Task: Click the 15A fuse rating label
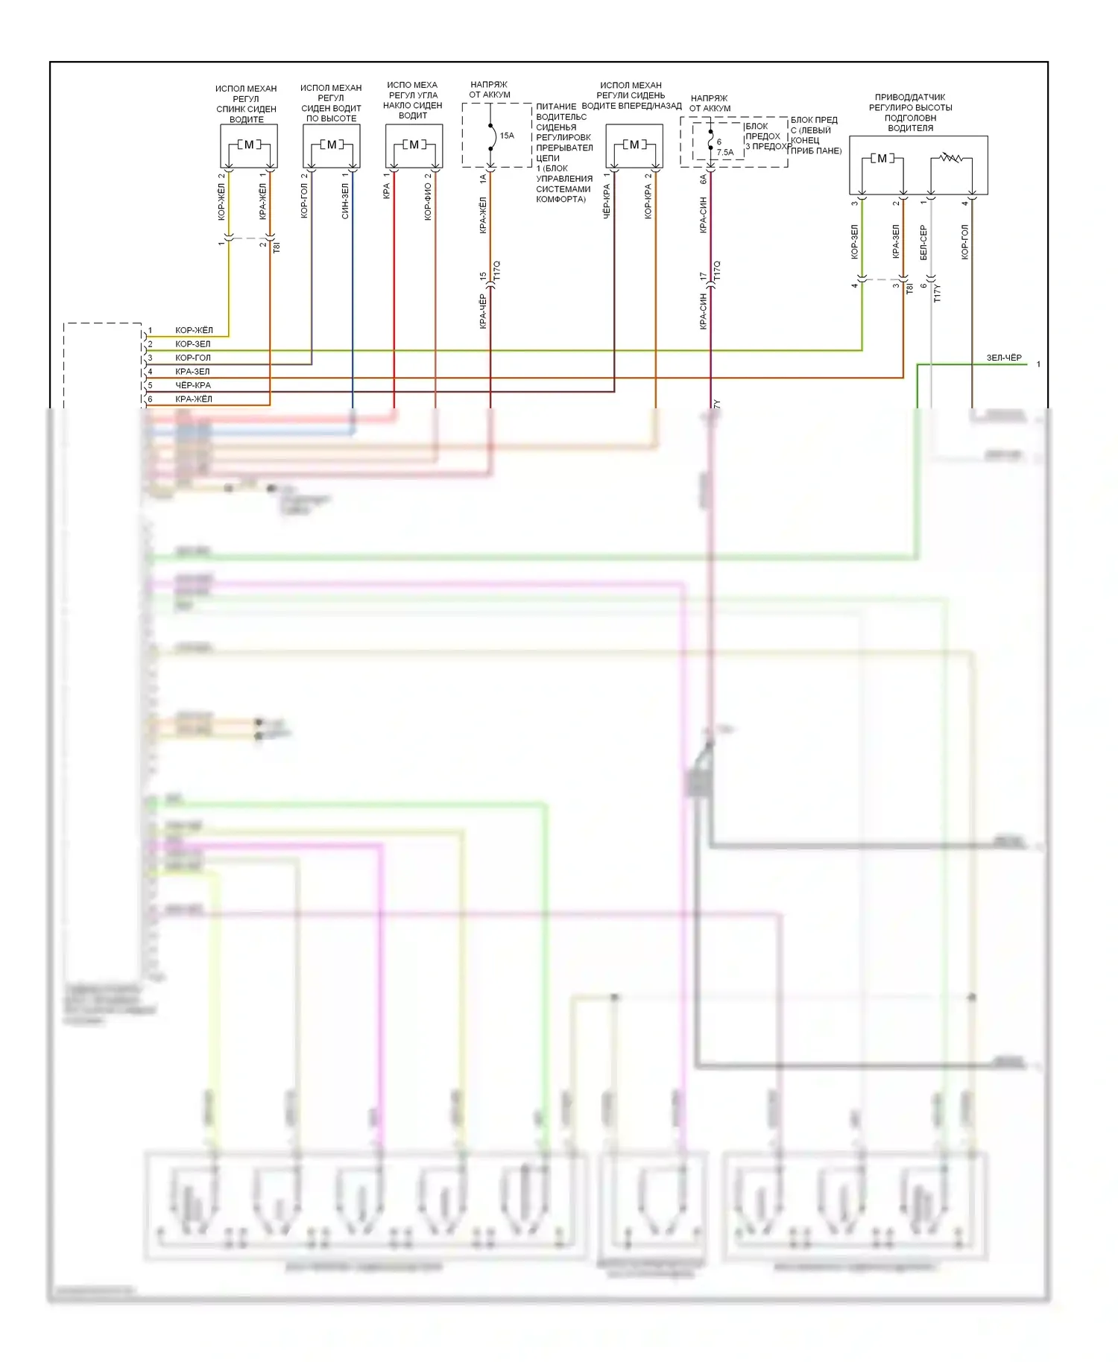[x=507, y=136]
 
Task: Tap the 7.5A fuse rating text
[x=725, y=153]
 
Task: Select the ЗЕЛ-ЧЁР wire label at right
[x=1004, y=358]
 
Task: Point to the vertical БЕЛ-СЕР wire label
[x=923, y=242]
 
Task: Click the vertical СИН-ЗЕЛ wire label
[x=345, y=201]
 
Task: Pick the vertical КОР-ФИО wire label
[x=428, y=202]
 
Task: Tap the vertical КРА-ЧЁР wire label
[x=483, y=311]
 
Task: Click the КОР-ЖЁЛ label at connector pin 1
[x=194, y=330]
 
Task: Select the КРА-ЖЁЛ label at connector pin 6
[x=194, y=399]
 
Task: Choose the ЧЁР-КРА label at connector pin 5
[x=193, y=385]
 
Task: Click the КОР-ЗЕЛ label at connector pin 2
[x=193, y=344]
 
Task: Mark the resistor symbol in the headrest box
[x=950, y=158]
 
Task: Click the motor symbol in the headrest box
[x=882, y=159]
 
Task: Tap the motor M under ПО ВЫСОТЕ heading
[x=332, y=145]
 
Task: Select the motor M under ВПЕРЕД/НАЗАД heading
[x=634, y=145]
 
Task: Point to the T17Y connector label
[x=938, y=293]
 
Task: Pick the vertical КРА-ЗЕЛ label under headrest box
[x=896, y=241]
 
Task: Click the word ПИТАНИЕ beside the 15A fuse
[x=556, y=107]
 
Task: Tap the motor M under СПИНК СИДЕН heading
[x=249, y=145]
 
